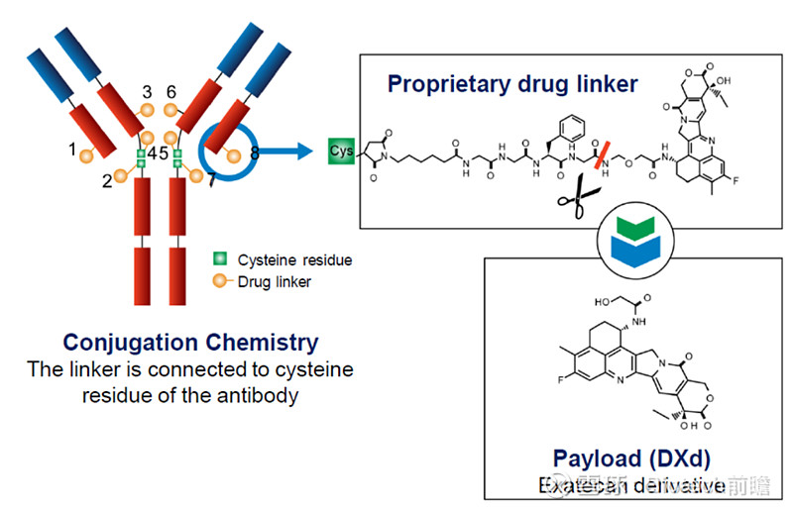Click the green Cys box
click(x=341, y=151)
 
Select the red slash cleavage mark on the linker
click(x=601, y=155)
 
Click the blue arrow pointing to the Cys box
click(x=295, y=152)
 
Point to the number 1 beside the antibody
click(x=71, y=150)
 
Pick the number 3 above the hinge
click(x=148, y=92)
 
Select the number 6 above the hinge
click(x=171, y=92)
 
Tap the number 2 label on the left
click(x=107, y=178)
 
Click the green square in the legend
click(x=219, y=259)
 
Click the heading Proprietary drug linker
click(x=512, y=83)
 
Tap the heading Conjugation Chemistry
click(x=190, y=343)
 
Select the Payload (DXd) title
click(x=631, y=458)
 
